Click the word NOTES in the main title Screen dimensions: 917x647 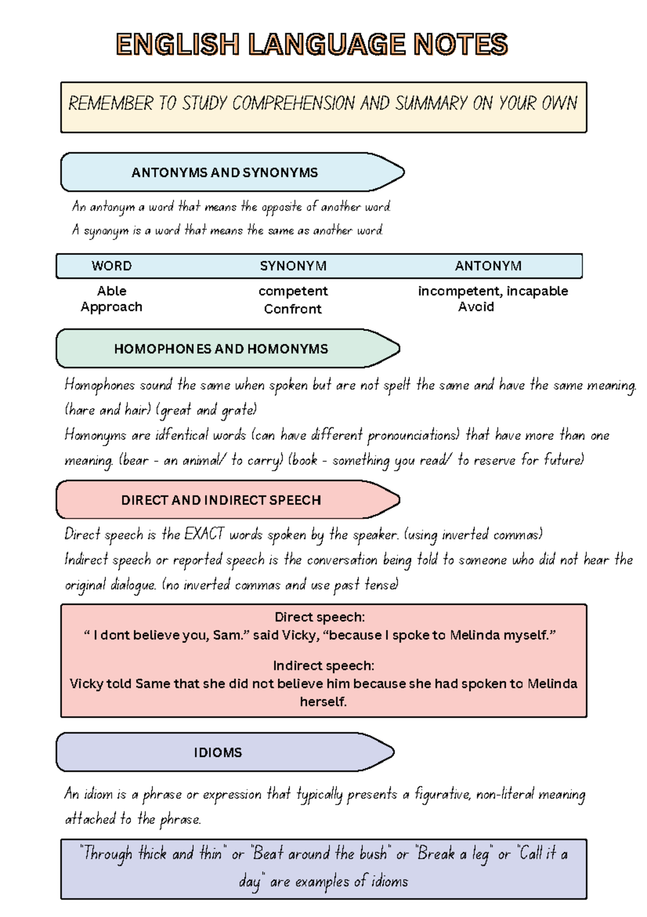coord(460,44)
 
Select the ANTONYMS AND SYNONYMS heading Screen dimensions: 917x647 coord(224,173)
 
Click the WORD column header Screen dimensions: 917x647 coord(112,266)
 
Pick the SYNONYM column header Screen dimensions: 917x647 coord(293,266)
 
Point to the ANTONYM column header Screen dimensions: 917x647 coord(488,266)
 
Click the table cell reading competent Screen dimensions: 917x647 coord(293,291)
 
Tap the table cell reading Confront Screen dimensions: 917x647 coord(293,309)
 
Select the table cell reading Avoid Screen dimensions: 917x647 coord(476,307)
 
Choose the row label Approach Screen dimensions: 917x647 coord(112,307)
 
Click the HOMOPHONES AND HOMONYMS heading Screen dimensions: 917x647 coord(221,349)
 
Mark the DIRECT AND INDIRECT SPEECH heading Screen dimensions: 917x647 coord(221,500)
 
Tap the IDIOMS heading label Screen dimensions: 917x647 coord(218,752)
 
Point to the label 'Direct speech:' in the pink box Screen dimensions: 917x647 coord(320,617)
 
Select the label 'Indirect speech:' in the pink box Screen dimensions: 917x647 coord(323,666)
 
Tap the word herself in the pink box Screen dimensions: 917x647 coord(323,702)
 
